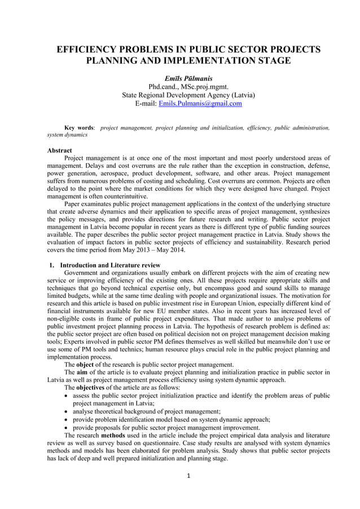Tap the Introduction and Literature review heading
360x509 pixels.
110,265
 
